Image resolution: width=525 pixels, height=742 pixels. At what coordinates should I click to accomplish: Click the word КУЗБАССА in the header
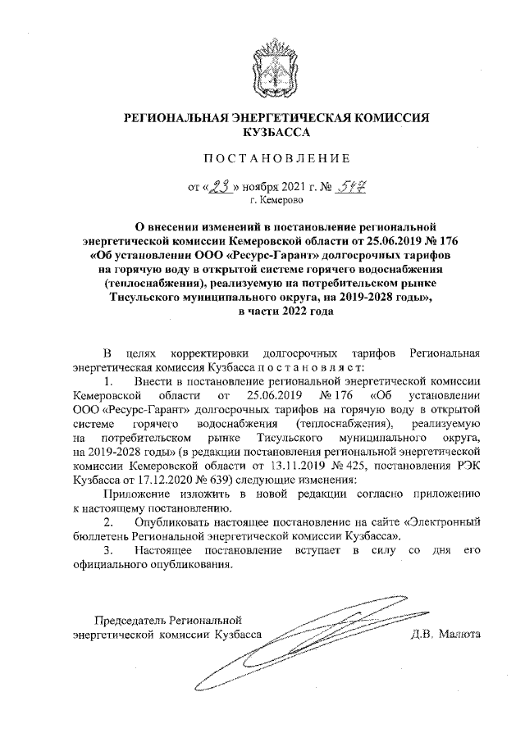coord(275,132)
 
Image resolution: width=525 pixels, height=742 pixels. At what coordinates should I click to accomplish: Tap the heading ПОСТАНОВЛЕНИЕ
coord(275,158)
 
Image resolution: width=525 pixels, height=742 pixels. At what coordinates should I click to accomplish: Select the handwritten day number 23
coord(220,187)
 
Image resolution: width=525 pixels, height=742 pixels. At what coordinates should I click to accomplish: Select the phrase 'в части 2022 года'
coord(275,312)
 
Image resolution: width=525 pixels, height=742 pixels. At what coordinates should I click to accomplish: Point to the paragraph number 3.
coord(107,549)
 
